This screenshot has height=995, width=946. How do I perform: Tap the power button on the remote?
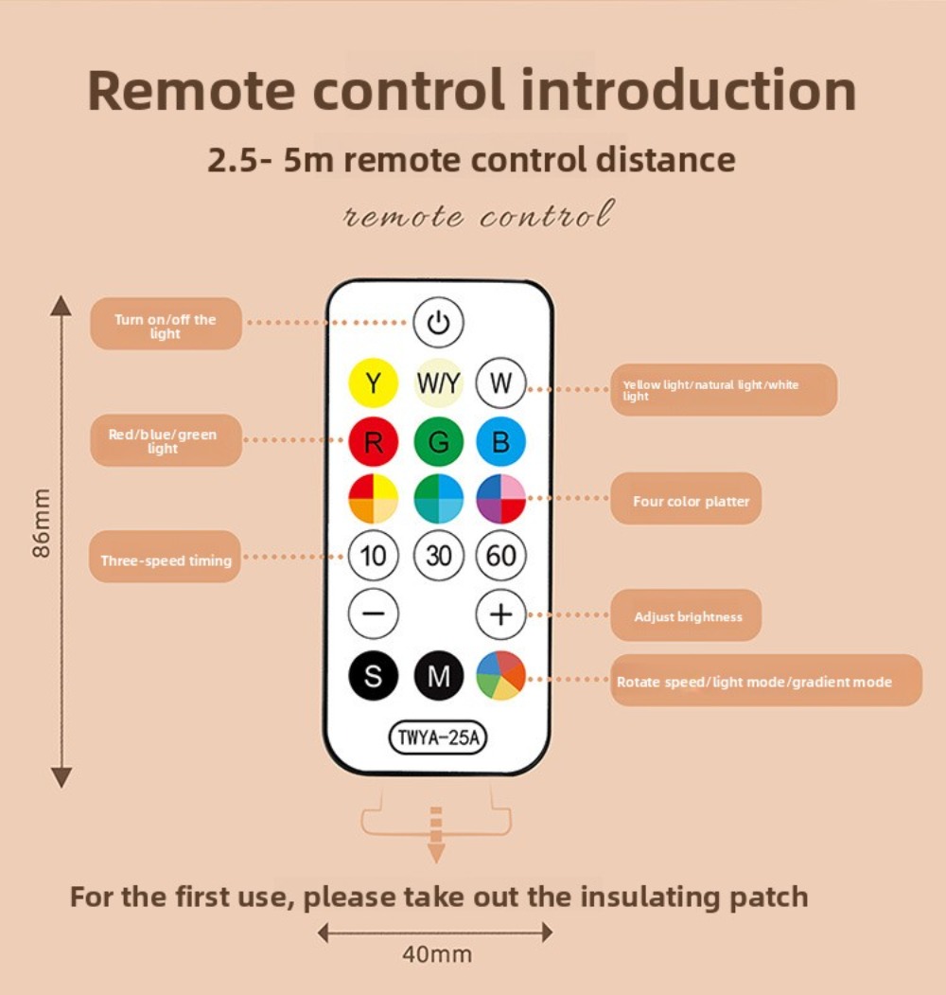pos(438,323)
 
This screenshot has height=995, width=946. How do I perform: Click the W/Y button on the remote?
pos(438,382)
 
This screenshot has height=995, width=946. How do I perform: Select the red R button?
pos(374,441)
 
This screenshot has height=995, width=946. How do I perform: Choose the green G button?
pos(438,441)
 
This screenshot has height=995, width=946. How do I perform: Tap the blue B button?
pos(500,441)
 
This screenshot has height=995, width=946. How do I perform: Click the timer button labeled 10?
pos(374,556)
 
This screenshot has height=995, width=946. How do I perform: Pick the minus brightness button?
pos(374,613)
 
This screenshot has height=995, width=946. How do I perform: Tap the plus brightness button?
pos(500,613)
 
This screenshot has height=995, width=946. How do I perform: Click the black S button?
pos(374,676)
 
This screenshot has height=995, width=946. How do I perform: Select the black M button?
pos(438,676)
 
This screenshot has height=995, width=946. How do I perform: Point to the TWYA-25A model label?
pos(437,737)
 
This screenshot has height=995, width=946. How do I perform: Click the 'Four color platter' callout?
pos(686,499)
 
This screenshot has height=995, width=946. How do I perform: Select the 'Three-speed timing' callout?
pos(165,558)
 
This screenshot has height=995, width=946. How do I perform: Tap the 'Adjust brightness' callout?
pos(686,615)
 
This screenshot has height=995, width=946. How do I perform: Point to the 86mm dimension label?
pos(41,523)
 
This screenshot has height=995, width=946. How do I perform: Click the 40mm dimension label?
pos(437,954)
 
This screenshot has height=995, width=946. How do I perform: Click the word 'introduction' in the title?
pos(690,90)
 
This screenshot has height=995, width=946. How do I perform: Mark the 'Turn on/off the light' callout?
pos(166,324)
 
